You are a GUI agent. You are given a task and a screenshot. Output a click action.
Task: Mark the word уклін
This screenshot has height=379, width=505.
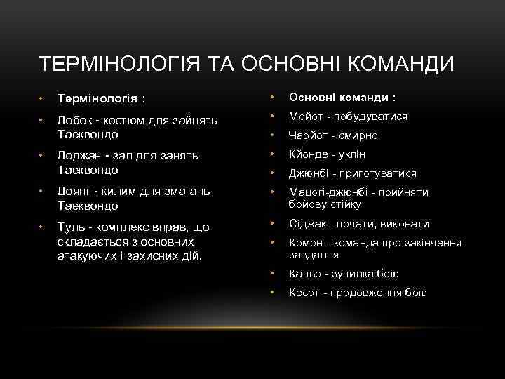353,154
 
